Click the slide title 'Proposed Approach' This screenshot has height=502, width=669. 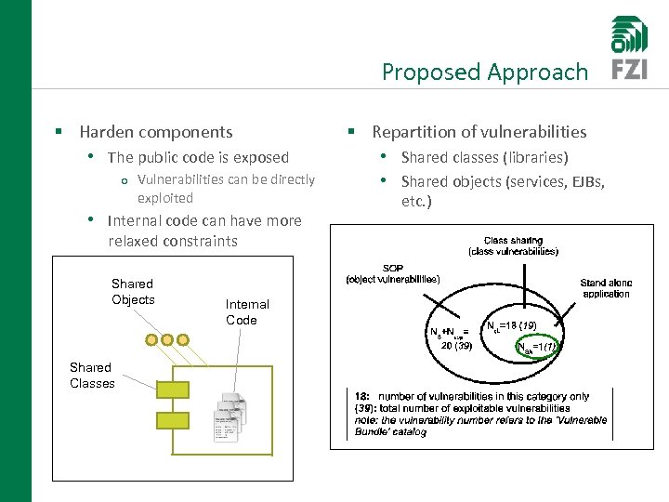click(x=484, y=72)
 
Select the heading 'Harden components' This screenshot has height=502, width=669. click(x=156, y=132)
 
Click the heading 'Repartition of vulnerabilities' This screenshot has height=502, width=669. click(x=479, y=132)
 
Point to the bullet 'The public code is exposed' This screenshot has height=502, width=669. click(x=198, y=157)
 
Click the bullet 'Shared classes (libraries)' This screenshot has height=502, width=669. click(x=484, y=157)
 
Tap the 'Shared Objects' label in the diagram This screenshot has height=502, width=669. click(x=133, y=291)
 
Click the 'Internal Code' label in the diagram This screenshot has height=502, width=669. click(x=247, y=311)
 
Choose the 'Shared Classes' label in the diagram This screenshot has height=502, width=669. click(x=92, y=375)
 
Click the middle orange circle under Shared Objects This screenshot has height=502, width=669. click(x=167, y=339)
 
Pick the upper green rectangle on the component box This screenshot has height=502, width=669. click(x=173, y=390)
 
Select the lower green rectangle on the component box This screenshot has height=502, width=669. click(x=173, y=420)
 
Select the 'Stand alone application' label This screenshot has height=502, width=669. click(x=605, y=288)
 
